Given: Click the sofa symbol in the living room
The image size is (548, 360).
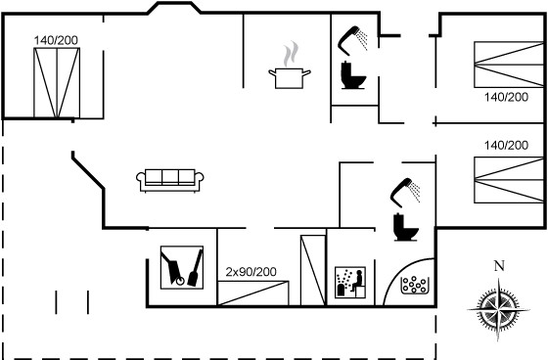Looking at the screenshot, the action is [x=170, y=181].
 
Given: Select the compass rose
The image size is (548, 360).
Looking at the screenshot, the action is [x=498, y=309].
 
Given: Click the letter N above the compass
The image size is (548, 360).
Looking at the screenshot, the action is [x=499, y=266].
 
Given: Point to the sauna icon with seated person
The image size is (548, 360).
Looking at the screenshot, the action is [x=350, y=283].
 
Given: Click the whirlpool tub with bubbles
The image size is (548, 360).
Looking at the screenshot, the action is [x=415, y=285].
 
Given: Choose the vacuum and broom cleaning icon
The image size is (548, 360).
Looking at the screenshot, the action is [x=182, y=267].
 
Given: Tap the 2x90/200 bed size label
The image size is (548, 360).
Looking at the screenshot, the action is [x=251, y=272].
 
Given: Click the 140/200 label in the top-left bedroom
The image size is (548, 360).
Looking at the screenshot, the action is [x=56, y=40].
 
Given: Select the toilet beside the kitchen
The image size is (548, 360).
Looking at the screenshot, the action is [x=353, y=75].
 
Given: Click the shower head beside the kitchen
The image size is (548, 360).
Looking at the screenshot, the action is [x=352, y=40].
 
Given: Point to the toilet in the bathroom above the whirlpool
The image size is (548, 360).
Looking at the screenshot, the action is [x=405, y=227].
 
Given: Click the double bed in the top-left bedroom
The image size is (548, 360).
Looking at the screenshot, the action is [x=57, y=83].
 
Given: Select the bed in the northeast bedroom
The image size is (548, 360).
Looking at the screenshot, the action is [x=509, y=65].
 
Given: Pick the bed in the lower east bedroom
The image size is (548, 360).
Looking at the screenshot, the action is [x=509, y=180].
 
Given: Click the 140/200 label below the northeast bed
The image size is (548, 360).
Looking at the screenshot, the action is [x=506, y=97].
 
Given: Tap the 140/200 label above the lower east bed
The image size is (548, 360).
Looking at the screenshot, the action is [x=506, y=145].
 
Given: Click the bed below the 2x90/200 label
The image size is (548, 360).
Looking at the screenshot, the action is [x=253, y=293].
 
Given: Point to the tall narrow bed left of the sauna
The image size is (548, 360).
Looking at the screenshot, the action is [x=313, y=271].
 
